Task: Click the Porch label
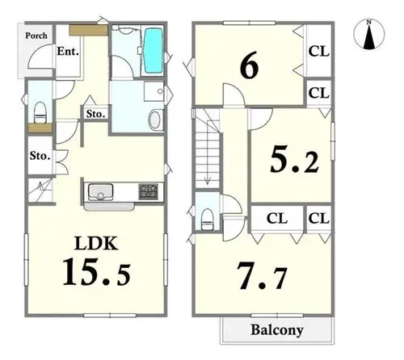click(36, 36)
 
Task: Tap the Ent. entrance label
click(68, 51)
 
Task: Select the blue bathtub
click(154, 50)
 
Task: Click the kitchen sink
click(100, 191)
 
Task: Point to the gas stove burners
click(149, 191)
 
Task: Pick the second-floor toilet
click(208, 220)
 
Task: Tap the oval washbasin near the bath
click(154, 119)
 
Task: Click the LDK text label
click(96, 243)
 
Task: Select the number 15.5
click(97, 272)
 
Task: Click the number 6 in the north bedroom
click(249, 68)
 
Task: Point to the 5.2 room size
click(294, 161)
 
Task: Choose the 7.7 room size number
click(262, 276)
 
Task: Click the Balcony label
click(277, 330)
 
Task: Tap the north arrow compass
click(369, 35)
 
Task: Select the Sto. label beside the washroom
click(95, 114)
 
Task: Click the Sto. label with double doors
click(40, 156)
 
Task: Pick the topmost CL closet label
click(319, 52)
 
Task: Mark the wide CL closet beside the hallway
click(277, 218)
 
